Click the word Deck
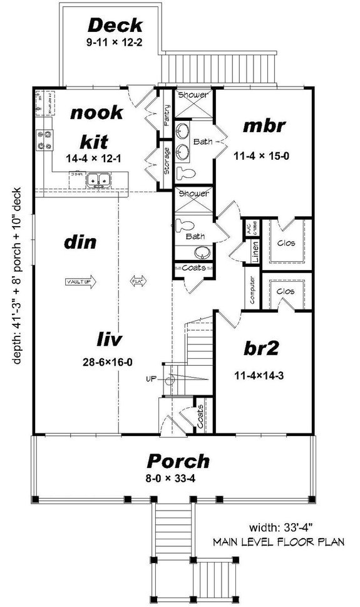[x=115, y=26]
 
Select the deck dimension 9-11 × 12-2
[x=115, y=44]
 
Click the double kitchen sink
[x=98, y=180]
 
